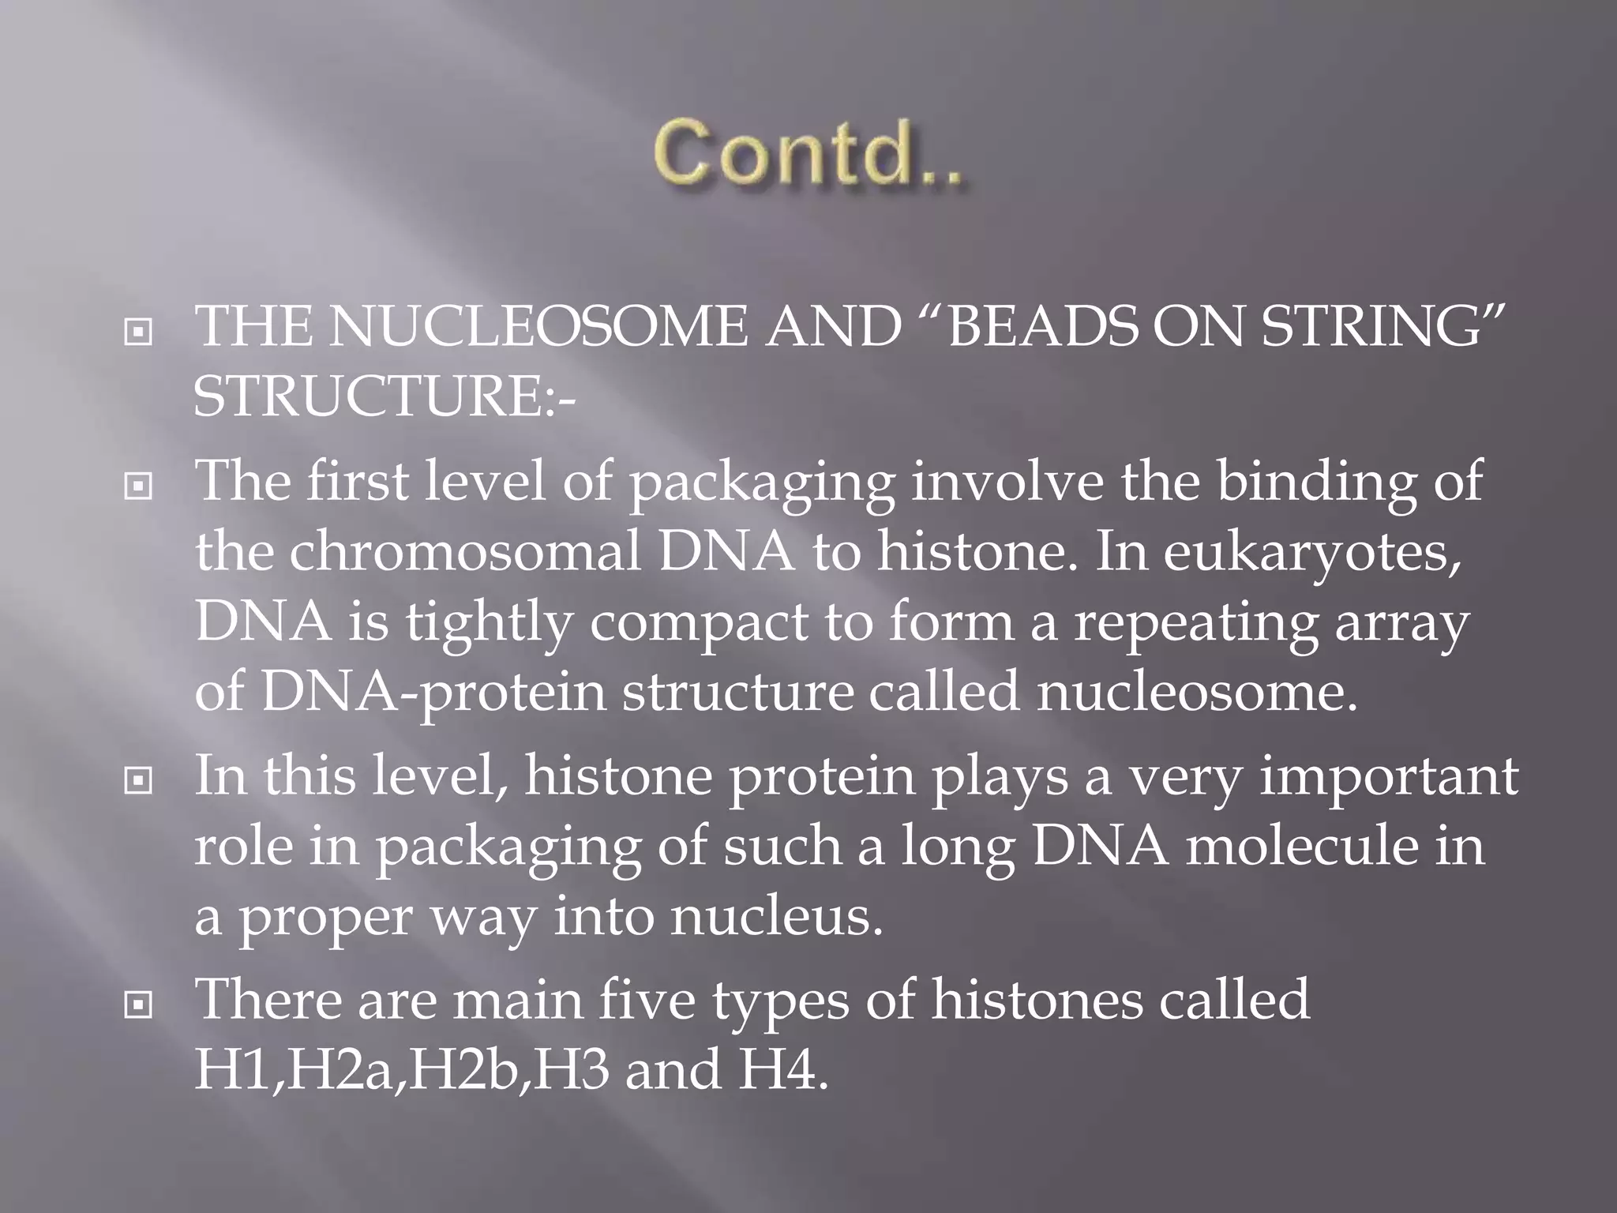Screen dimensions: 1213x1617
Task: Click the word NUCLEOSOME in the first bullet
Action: click(x=538, y=327)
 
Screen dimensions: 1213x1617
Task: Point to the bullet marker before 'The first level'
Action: click(x=138, y=487)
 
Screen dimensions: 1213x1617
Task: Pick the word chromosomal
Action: click(x=465, y=551)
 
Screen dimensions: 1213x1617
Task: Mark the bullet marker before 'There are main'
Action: click(x=138, y=1005)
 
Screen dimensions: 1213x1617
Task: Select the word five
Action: click(x=647, y=1000)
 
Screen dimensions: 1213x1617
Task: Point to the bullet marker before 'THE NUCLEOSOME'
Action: click(x=138, y=332)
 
